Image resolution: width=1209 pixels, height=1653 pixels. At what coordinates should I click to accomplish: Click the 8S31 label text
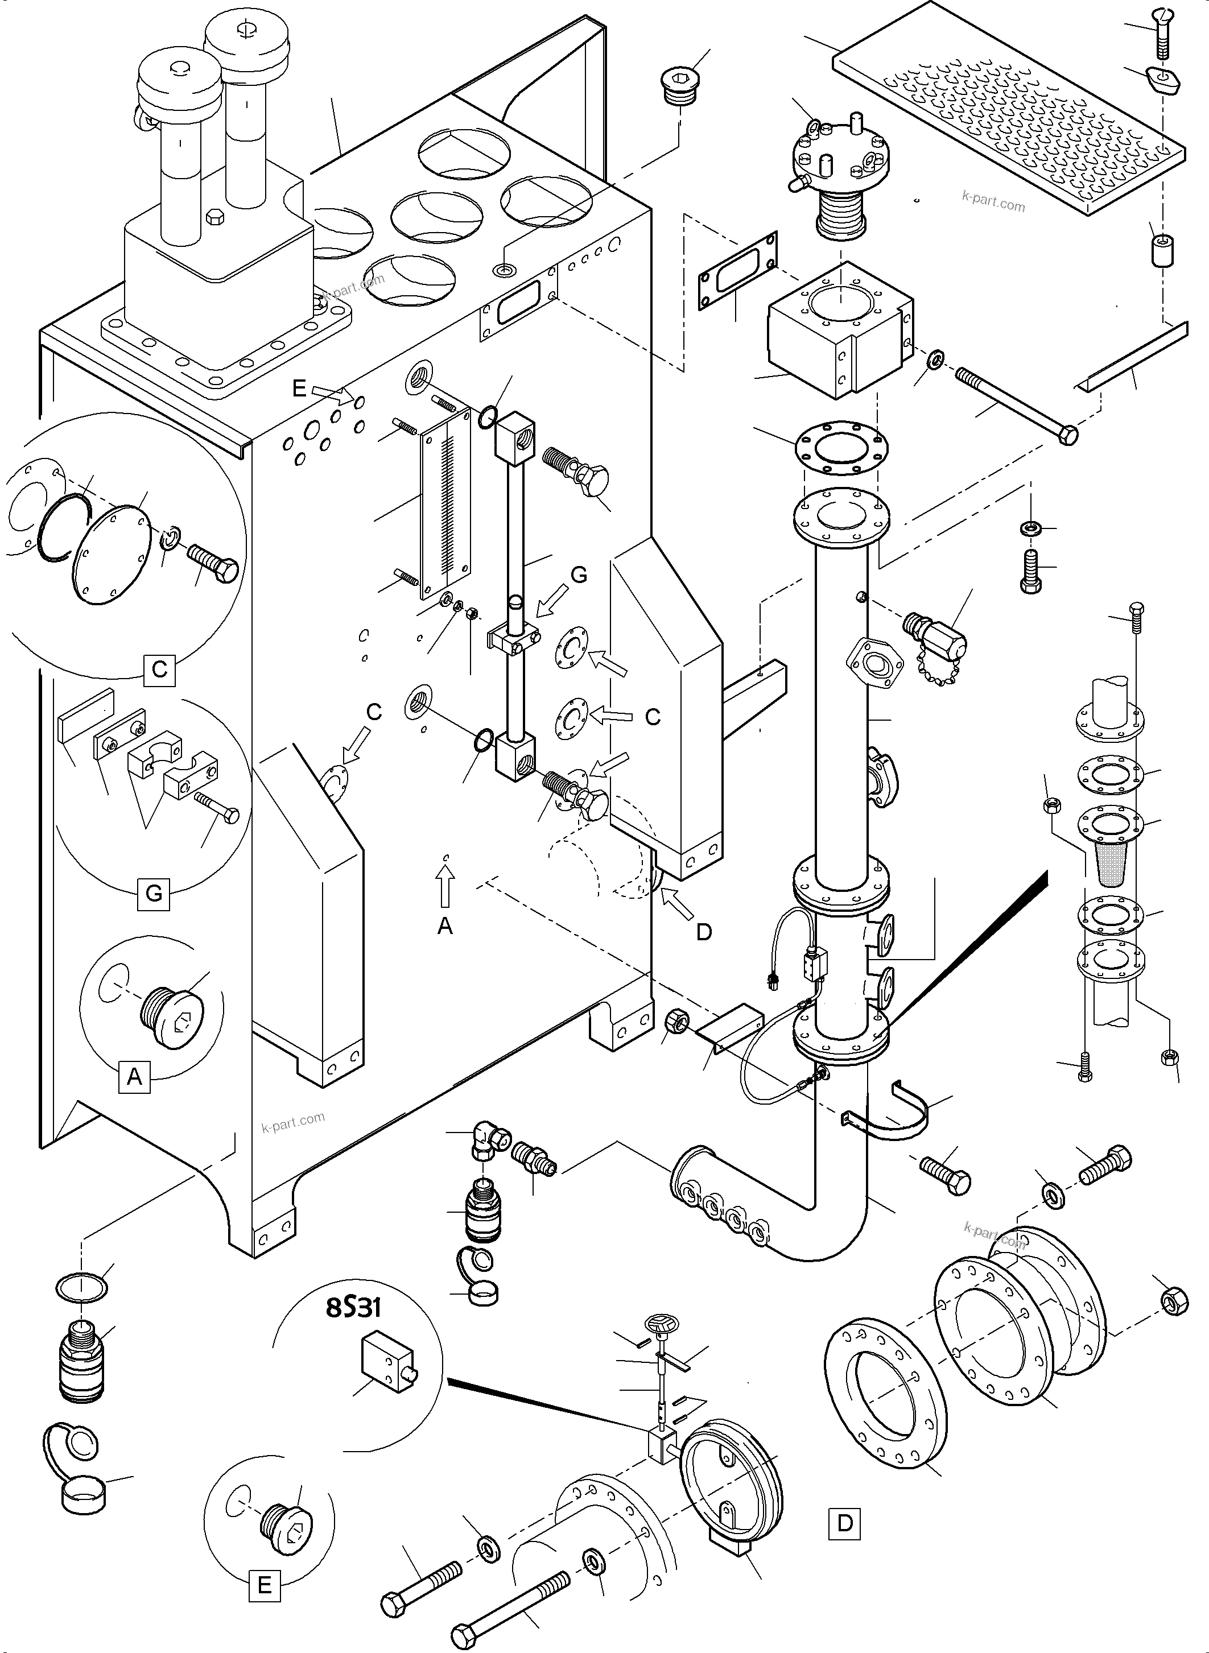tap(353, 1307)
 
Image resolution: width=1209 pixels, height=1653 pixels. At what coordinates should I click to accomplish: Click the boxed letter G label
tap(154, 894)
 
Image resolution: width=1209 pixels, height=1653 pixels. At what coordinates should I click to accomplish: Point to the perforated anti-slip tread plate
tap(1010, 106)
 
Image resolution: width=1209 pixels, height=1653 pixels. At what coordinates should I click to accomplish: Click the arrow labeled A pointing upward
tap(445, 886)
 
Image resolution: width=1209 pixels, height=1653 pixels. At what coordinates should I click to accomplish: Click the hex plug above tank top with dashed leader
tap(680, 86)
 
